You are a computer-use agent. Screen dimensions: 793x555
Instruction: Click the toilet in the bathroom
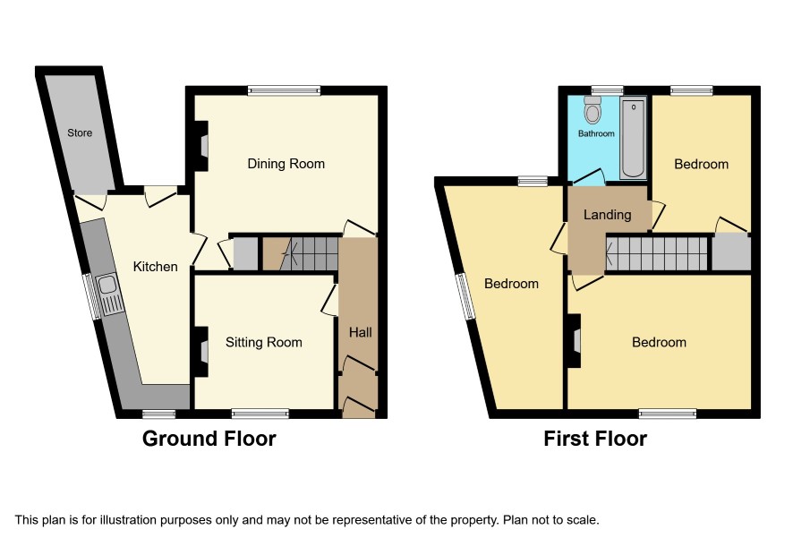pos(593,109)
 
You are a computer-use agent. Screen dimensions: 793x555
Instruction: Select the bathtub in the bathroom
pos(633,138)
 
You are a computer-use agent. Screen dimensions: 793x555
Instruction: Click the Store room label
pos(80,133)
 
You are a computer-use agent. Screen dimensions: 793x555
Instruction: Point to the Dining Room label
pos(286,164)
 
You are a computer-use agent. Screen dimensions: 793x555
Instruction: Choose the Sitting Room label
pos(263,343)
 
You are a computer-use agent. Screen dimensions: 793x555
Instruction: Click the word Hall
pos(360,332)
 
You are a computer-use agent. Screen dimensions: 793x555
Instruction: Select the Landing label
pos(608,215)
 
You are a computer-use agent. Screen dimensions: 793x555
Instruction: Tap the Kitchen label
pos(155,267)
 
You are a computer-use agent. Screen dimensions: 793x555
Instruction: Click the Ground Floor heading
pos(209,439)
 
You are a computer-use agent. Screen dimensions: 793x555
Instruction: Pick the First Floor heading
pos(595,439)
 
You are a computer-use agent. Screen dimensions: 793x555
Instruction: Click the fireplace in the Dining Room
pos(201,146)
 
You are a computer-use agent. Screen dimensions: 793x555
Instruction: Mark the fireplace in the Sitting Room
pos(201,352)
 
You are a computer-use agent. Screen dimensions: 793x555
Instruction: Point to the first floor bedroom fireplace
pos(574,340)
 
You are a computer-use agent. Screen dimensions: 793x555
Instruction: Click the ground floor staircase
pos(301,254)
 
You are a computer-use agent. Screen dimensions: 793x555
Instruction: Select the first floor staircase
pos(656,254)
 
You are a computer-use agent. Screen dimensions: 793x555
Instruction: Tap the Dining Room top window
pos(285,91)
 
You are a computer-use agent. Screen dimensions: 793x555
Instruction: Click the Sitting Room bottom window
pos(260,414)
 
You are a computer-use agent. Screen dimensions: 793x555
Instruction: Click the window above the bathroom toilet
pos(608,91)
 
